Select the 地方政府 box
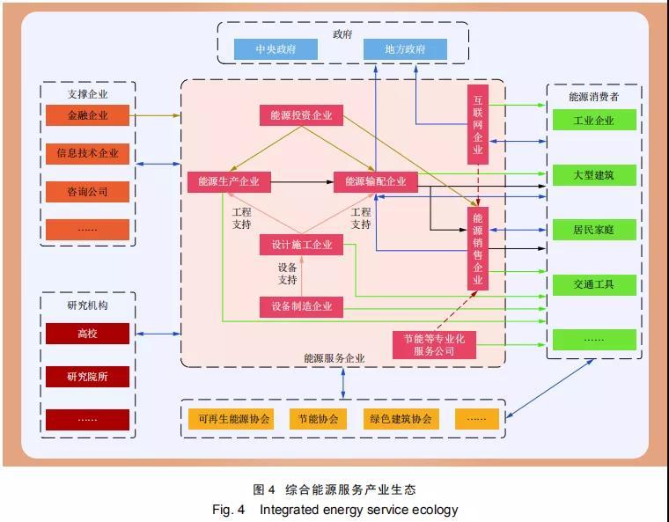point(405,49)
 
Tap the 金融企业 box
point(87,115)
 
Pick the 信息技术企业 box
point(87,153)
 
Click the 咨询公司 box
point(87,191)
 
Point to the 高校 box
point(87,334)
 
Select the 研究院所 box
point(87,377)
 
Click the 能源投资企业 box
point(301,115)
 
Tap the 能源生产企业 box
point(229,181)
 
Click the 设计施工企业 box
point(301,245)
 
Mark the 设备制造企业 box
point(301,306)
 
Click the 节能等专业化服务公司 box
point(434,344)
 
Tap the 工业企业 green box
point(593,120)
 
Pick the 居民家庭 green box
point(593,230)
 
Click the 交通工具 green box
point(593,284)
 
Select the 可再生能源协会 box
point(234,419)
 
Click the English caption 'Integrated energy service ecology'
point(359,509)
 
